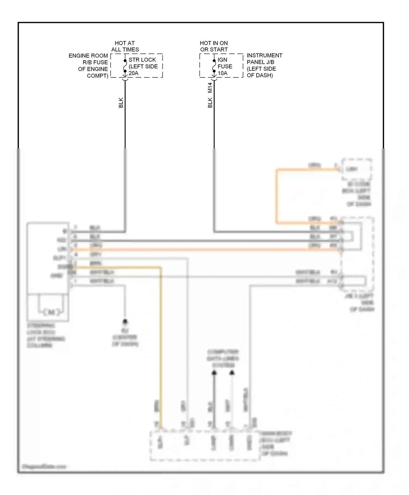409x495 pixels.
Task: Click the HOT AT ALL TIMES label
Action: click(x=125, y=46)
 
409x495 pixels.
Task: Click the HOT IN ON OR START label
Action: click(x=214, y=46)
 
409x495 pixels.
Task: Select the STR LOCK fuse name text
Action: click(x=142, y=59)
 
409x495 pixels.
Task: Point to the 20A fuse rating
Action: click(x=133, y=73)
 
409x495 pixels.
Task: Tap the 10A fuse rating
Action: click(x=222, y=73)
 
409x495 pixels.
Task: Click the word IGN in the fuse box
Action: click(x=222, y=59)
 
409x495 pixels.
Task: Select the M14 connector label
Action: click(x=210, y=88)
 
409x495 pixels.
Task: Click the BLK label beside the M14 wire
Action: click(x=210, y=103)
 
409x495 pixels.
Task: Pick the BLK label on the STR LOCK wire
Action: click(x=121, y=103)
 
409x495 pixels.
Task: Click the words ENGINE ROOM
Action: click(x=88, y=56)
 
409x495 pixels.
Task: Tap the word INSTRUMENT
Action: click(x=264, y=55)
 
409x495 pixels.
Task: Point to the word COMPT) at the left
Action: click(x=97, y=76)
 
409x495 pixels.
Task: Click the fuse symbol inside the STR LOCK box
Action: click(x=125, y=66)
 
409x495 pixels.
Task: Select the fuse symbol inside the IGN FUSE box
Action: click(x=214, y=66)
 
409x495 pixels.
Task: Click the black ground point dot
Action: click(x=125, y=322)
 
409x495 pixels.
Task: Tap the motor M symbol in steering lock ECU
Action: click(x=51, y=312)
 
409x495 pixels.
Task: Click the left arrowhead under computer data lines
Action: click(x=214, y=373)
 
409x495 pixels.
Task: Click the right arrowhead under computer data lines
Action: click(x=232, y=373)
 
